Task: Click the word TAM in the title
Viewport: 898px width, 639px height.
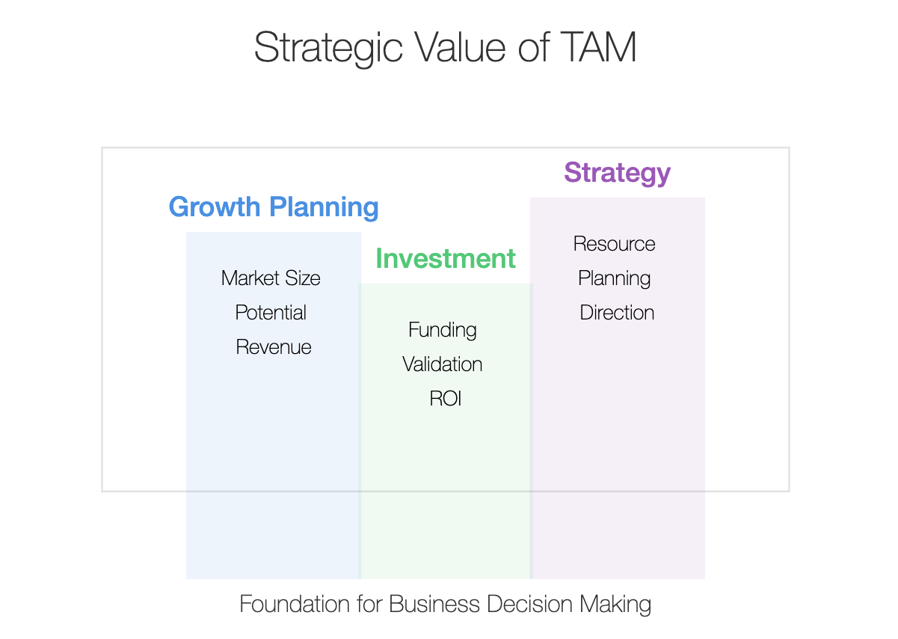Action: pos(598,47)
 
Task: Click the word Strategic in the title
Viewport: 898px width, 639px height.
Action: pos(328,49)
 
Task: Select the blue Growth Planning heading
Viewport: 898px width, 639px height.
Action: pos(274,207)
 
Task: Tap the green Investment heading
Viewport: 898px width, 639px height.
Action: pos(446,258)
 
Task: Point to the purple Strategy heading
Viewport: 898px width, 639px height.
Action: pos(618,174)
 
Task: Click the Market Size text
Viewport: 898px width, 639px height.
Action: pos(271,278)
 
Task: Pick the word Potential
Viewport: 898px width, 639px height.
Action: pos(271,313)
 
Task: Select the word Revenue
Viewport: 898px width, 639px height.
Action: pos(274,347)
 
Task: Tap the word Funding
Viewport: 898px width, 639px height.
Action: pos(443,331)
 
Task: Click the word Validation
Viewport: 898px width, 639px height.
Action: pos(442,364)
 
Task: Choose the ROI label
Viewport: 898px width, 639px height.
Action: pos(446,399)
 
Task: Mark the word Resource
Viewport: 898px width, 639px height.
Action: pos(614,244)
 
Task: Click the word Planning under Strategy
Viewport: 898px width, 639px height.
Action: pos(614,279)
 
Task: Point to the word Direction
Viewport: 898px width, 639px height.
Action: pos(617,313)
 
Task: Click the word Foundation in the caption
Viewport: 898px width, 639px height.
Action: pos(295,604)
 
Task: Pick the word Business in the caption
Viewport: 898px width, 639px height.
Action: pos(434,604)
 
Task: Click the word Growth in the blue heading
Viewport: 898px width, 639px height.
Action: pos(215,207)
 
